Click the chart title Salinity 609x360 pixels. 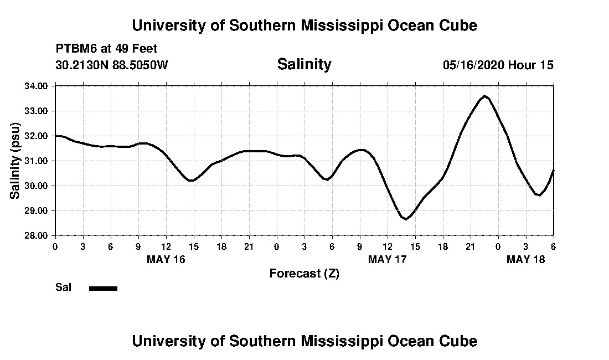point(304,64)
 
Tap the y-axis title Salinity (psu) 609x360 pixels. point(16,160)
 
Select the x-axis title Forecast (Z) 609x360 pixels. point(304,273)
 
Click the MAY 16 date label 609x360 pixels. point(166,259)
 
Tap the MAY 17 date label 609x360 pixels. point(387,259)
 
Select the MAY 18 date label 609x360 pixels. point(525,259)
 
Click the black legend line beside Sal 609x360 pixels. point(103,288)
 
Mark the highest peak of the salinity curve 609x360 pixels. point(484,96)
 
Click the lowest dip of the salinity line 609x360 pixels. point(406,219)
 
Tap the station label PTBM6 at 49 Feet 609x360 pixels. point(106,49)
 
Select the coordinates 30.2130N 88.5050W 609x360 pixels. point(111,65)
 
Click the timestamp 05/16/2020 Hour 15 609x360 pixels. point(498,65)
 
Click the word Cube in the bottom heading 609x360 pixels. point(459,341)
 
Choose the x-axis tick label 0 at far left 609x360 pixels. point(55,246)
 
